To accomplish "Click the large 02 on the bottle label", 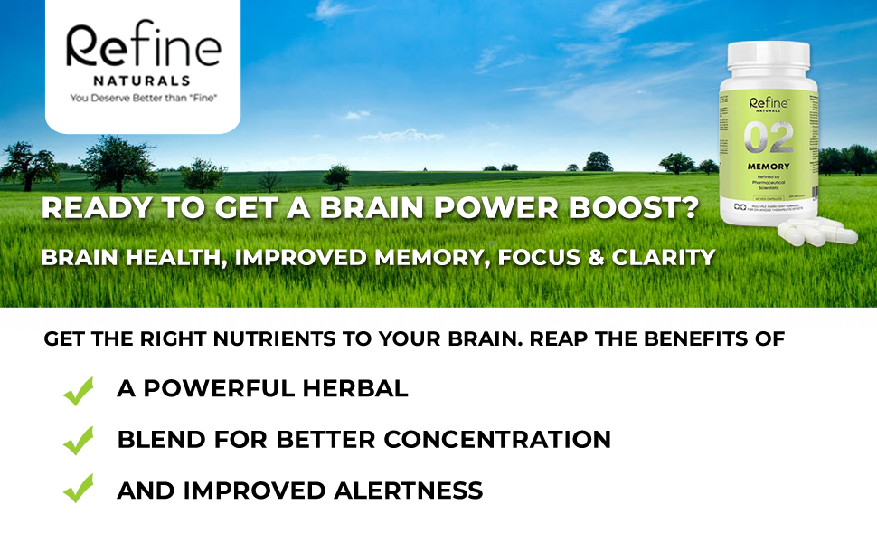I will (x=769, y=138).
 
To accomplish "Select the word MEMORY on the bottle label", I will (x=769, y=167).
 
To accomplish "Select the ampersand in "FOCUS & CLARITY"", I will (x=594, y=257).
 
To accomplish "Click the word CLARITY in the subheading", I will (x=664, y=257).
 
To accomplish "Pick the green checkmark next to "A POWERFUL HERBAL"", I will (x=79, y=391).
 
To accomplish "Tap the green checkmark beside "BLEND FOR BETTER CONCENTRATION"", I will (x=79, y=441).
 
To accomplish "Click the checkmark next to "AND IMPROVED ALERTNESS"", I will (x=79, y=490).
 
